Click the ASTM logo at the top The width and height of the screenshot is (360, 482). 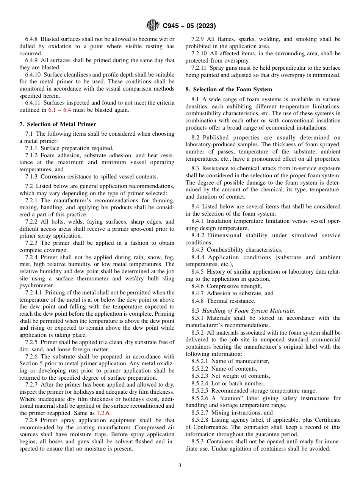[x=152, y=26]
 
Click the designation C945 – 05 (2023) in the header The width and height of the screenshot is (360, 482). [x=189, y=26]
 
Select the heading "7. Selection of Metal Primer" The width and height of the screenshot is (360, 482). [x=58, y=124]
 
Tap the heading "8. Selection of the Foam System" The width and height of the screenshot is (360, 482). [x=229, y=89]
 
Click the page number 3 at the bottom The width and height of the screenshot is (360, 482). [x=180, y=466]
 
